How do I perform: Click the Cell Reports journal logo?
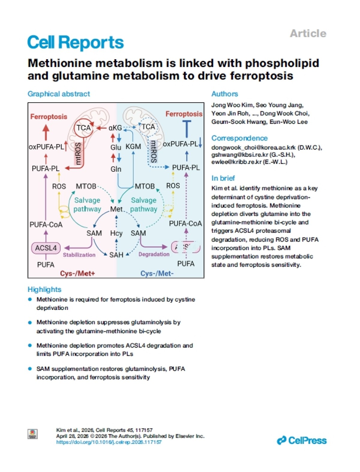76,43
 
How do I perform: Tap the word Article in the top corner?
308,34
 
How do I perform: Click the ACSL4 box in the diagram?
46,248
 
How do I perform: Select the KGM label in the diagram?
133,147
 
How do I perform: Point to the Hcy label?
116,233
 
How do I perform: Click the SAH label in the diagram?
116,255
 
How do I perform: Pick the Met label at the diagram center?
116,209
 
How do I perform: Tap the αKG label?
115,128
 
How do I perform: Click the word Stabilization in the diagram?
79,255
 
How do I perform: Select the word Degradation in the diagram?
154,254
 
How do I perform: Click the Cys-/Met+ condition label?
77,273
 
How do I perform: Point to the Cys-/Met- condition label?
157,273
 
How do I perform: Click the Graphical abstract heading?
59,94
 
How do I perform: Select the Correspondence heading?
239,138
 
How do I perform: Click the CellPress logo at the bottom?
301,441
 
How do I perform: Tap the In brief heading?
223,178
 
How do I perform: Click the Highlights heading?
44,289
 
